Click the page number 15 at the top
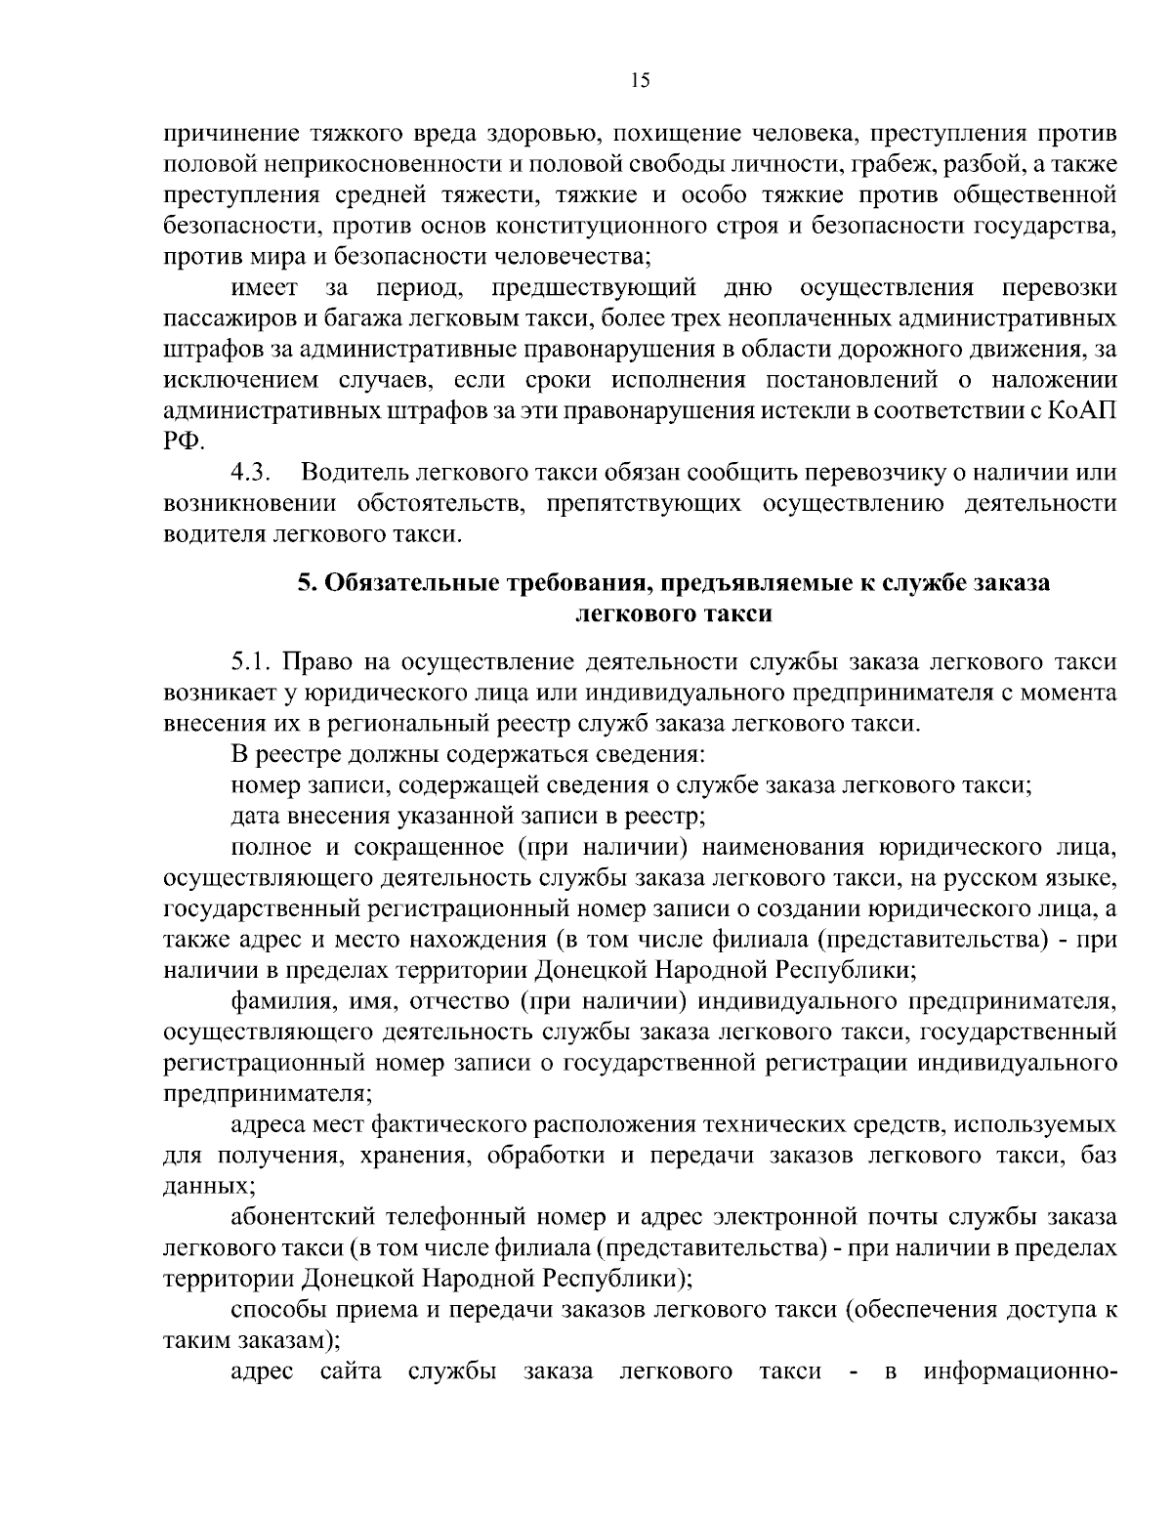pyautogui.click(x=640, y=82)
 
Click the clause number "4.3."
pyautogui.click(x=250, y=473)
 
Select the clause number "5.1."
pyautogui.click(x=252, y=662)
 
